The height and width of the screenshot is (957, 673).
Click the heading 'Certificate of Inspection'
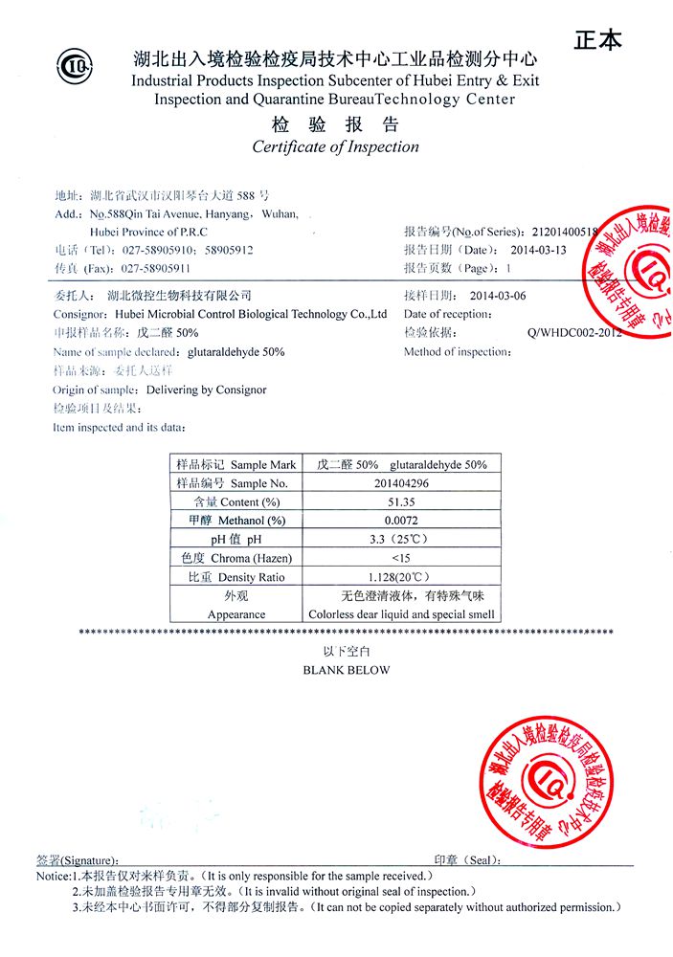[335, 146]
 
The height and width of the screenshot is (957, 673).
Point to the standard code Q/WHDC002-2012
[574, 333]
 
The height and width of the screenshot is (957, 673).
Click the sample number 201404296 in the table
[402, 483]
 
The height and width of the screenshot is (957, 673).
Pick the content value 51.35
[401, 501]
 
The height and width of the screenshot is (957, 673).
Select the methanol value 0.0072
[401, 520]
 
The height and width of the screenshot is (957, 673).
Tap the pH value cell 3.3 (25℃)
[401, 539]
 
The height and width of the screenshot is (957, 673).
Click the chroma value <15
[401, 558]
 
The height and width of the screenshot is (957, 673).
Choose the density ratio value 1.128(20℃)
[401, 577]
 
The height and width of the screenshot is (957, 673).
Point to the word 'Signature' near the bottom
[92, 860]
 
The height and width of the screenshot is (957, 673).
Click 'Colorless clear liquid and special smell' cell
[401, 614]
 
